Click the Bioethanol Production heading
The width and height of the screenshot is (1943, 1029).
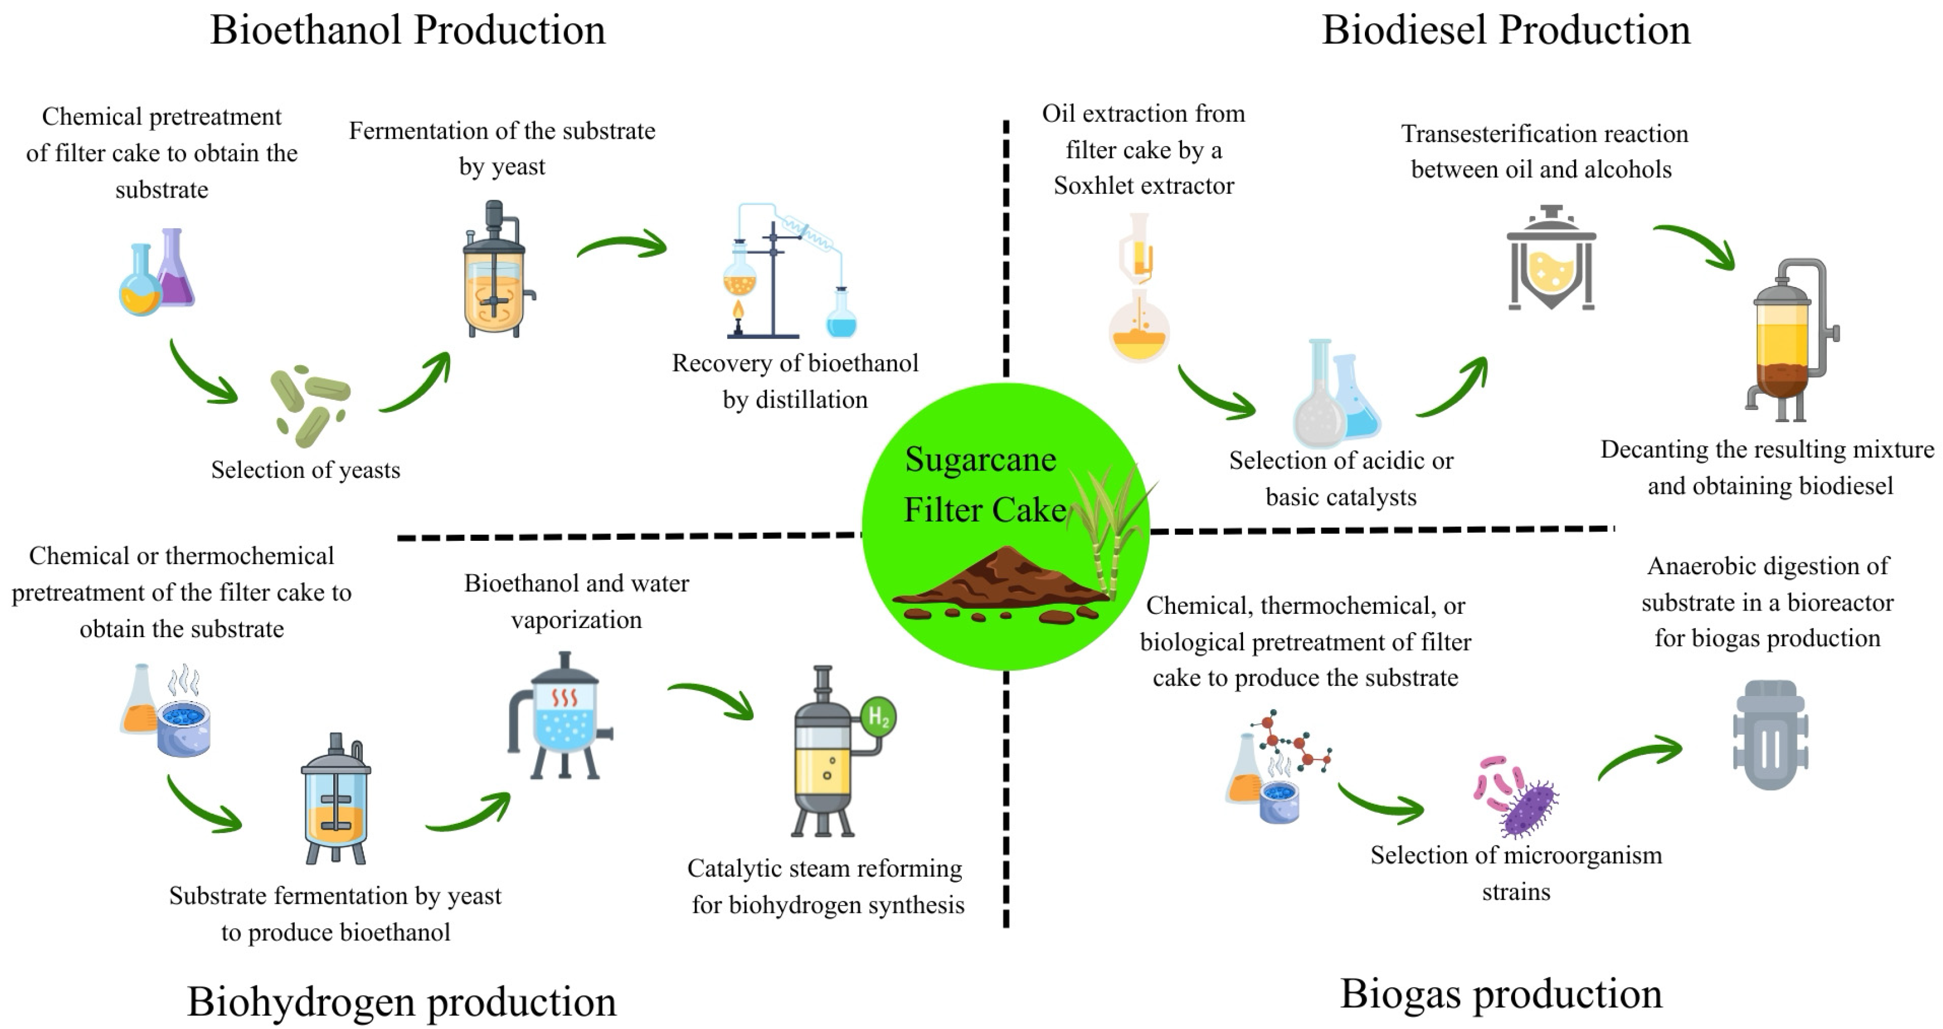tap(408, 30)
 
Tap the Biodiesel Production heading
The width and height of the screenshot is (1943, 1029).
tap(1505, 30)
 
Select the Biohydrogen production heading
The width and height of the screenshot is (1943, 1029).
tap(401, 1001)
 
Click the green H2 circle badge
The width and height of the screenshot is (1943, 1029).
tap(879, 716)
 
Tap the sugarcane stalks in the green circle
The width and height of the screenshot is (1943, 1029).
tap(1109, 528)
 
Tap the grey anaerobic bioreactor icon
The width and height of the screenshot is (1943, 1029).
tap(1770, 735)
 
